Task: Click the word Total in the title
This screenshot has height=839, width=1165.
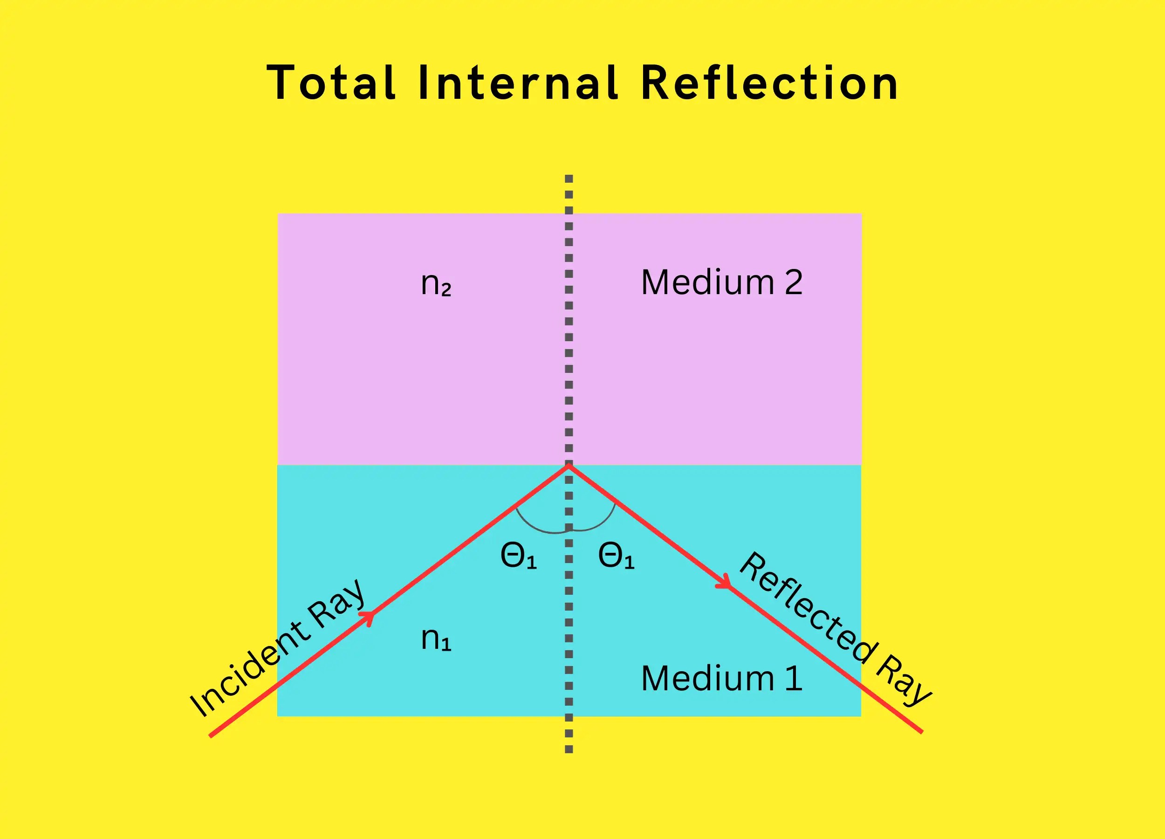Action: pyautogui.click(x=331, y=82)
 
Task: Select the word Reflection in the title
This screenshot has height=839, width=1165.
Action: pyautogui.click(x=769, y=82)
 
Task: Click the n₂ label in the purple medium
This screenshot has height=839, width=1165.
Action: pyautogui.click(x=436, y=283)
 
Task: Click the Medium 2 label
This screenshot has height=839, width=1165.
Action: pyautogui.click(x=721, y=282)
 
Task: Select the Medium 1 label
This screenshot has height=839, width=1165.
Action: pyautogui.click(x=721, y=678)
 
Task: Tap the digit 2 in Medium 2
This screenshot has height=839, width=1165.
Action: pyautogui.click(x=793, y=282)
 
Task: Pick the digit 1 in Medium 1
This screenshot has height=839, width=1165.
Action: pyautogui.click(x=794, y=678)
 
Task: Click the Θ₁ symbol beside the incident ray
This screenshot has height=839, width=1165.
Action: pyautogui.click(x=518, y=557)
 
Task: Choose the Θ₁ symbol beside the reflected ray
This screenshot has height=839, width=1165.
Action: pyautogui.click(x=616, y=557)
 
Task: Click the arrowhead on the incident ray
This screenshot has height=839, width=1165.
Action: pyautogui.click(x=369, y=616)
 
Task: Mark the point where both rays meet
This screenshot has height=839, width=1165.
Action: pyautogui.click(x=568, y=466)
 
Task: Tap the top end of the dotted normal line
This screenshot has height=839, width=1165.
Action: pyautogui.click(x=569, y=178)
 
